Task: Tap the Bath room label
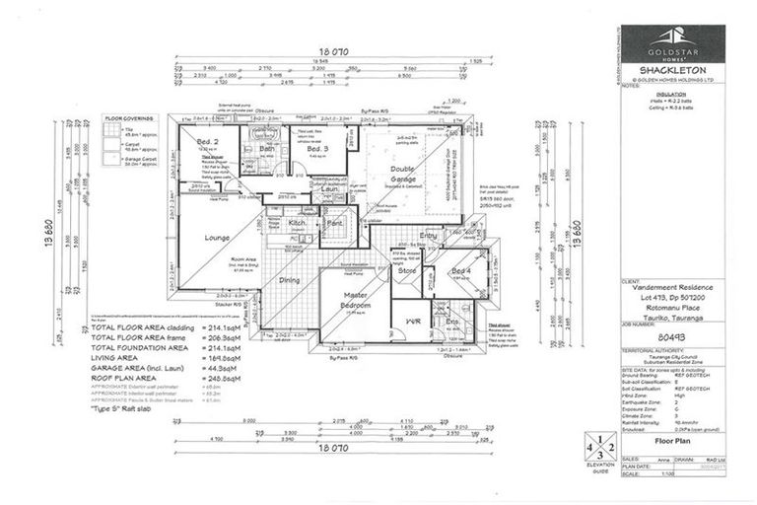(x=266, y=148)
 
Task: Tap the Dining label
(x=290, y=280)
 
